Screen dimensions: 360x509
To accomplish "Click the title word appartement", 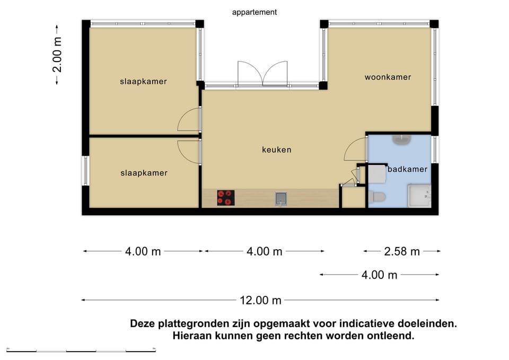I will pyautogui.click(x=254, y=12).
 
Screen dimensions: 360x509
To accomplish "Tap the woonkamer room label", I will pyautogui.click(x=388, y=77).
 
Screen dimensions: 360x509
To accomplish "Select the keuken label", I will pyautogui.click(x=276, y=150).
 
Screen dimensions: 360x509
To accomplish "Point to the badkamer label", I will pyautogui.click(x=407, y=170).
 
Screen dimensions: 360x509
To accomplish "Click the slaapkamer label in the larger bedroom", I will pyautogui.click(x=143, y=82).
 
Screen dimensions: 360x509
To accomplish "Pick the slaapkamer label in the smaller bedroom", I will pyautogui.click(x=144, y=173).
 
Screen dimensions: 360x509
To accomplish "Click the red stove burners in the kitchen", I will pyautogui.click(x=225, y=198).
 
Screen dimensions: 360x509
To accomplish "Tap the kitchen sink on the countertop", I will pyautogui.click(x=280, y=199).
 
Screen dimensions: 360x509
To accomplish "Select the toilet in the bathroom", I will pyautogui.click(x=378, y=197).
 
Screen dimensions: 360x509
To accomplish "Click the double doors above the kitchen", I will pyautogui.click(x=262, y=74).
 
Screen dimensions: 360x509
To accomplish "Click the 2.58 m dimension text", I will pyautogui.click(x=402, y=251).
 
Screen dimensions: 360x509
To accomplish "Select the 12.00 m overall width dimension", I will pyautogui.click(x=260, y=300).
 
